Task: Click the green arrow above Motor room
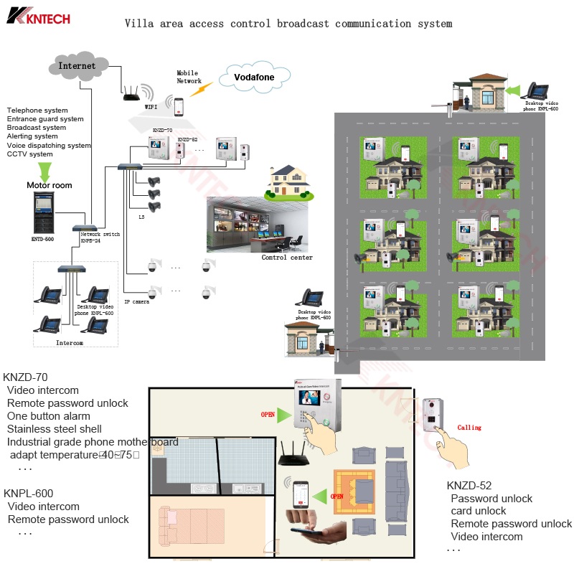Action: pyautogui.click(x=44, y=171)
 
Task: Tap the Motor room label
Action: pyautogui.click(x=50, y=185)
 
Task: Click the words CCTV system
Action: pyautogui.click(x=30, y=154)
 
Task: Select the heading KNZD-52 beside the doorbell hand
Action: pyautogui.click(x=469, y=486)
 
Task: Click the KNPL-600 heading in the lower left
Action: pyautogui.click(x=28, y=494)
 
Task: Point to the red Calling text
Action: pyautogui.click(x=469, y=428)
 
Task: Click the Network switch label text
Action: pyautogui.click(x=100, y=235)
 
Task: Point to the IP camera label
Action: pyautogui.click(x=136, y=302)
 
